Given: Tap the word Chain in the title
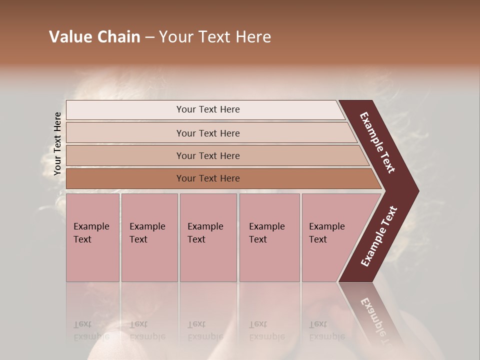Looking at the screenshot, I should [118, 37].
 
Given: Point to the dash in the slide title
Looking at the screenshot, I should [149, 37].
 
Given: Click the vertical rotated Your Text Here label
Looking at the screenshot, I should [57, 143].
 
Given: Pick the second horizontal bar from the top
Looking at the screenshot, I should [208, 133].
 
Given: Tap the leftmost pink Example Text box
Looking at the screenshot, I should [92, 237].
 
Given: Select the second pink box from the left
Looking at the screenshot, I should [149, 237].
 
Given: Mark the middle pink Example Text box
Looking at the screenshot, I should [208, 237].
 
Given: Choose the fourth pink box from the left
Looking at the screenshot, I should [269, 237].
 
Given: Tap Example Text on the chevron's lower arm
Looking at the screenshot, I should [379, 236].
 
